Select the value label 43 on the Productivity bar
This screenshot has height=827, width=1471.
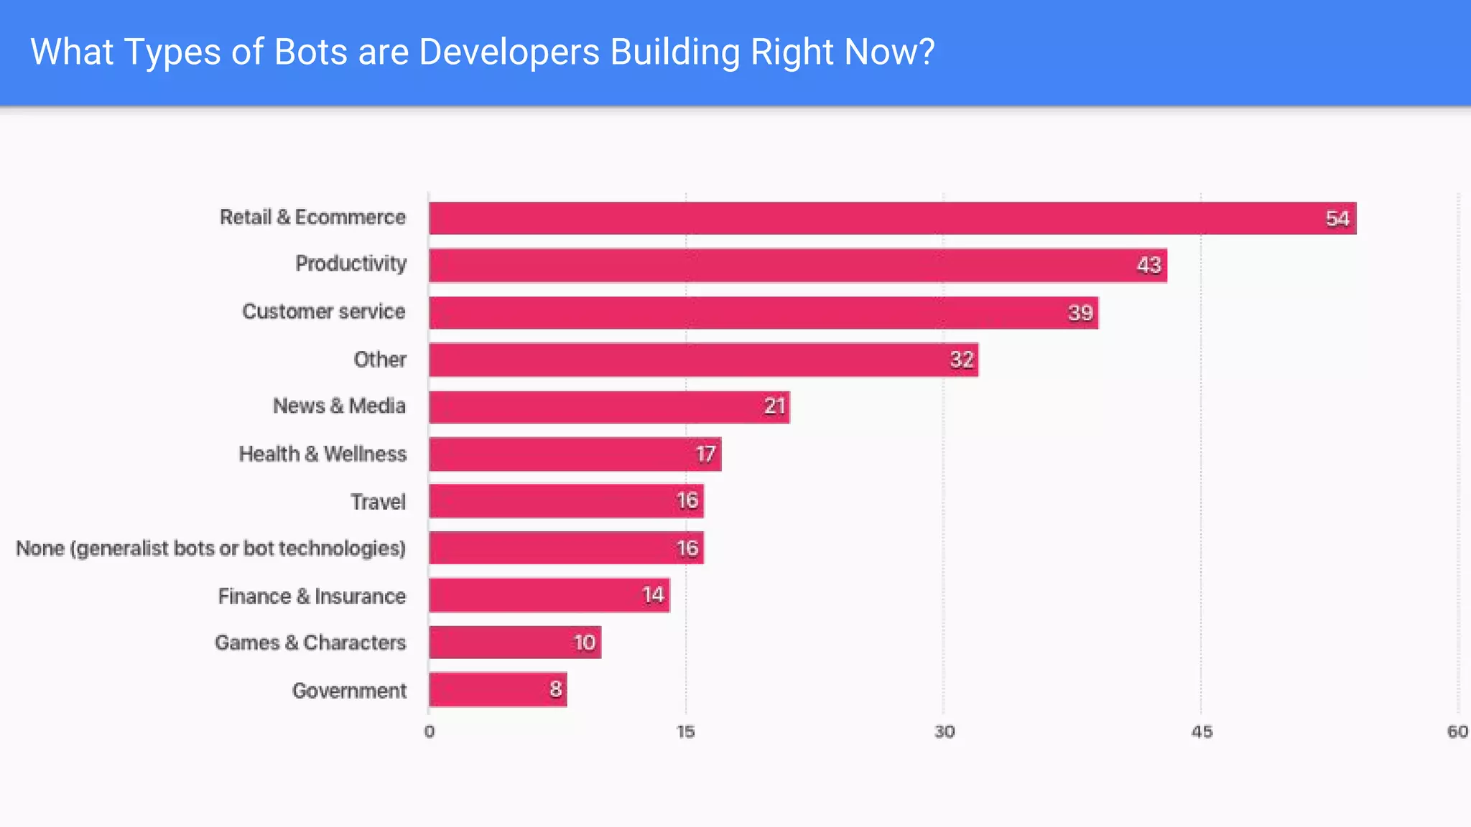pos(1149,266)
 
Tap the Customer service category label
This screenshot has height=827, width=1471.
pos(323,312)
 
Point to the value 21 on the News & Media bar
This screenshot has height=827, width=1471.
pos(774,407)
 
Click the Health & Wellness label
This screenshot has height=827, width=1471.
pos(322,454)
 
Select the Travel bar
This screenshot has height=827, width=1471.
pos(566,501)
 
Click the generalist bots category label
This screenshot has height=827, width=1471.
pos(210,548)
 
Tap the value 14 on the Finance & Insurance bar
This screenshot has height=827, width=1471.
pos(652,595)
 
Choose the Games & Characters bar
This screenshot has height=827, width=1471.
pos(514,643)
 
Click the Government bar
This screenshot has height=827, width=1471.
pos(497,690)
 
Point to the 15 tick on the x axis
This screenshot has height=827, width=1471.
pos(686,732)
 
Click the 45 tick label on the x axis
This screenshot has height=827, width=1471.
pos(1201,732)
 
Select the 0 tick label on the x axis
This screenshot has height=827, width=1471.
pos(429,732)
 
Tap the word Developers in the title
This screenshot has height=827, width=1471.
pos(509,52)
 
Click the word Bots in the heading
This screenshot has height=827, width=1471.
pos(310,52)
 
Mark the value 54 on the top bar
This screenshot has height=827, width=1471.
pos(1337,219)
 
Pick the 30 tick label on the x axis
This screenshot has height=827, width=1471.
pos(944,732)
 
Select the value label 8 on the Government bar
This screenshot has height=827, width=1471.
pos(555,690)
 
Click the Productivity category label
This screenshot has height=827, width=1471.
pos(351,263)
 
